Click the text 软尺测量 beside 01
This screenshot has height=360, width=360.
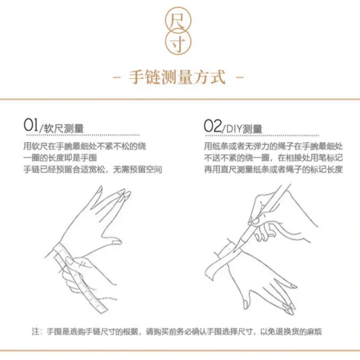(x=64, y=128)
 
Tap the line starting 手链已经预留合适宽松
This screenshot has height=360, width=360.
(x=92, y=169)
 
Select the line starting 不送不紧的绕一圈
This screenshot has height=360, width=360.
(x=273, y=157)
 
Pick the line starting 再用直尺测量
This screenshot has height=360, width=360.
(x=273, y=169)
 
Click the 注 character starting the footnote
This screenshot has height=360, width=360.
(x=35, y=332)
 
